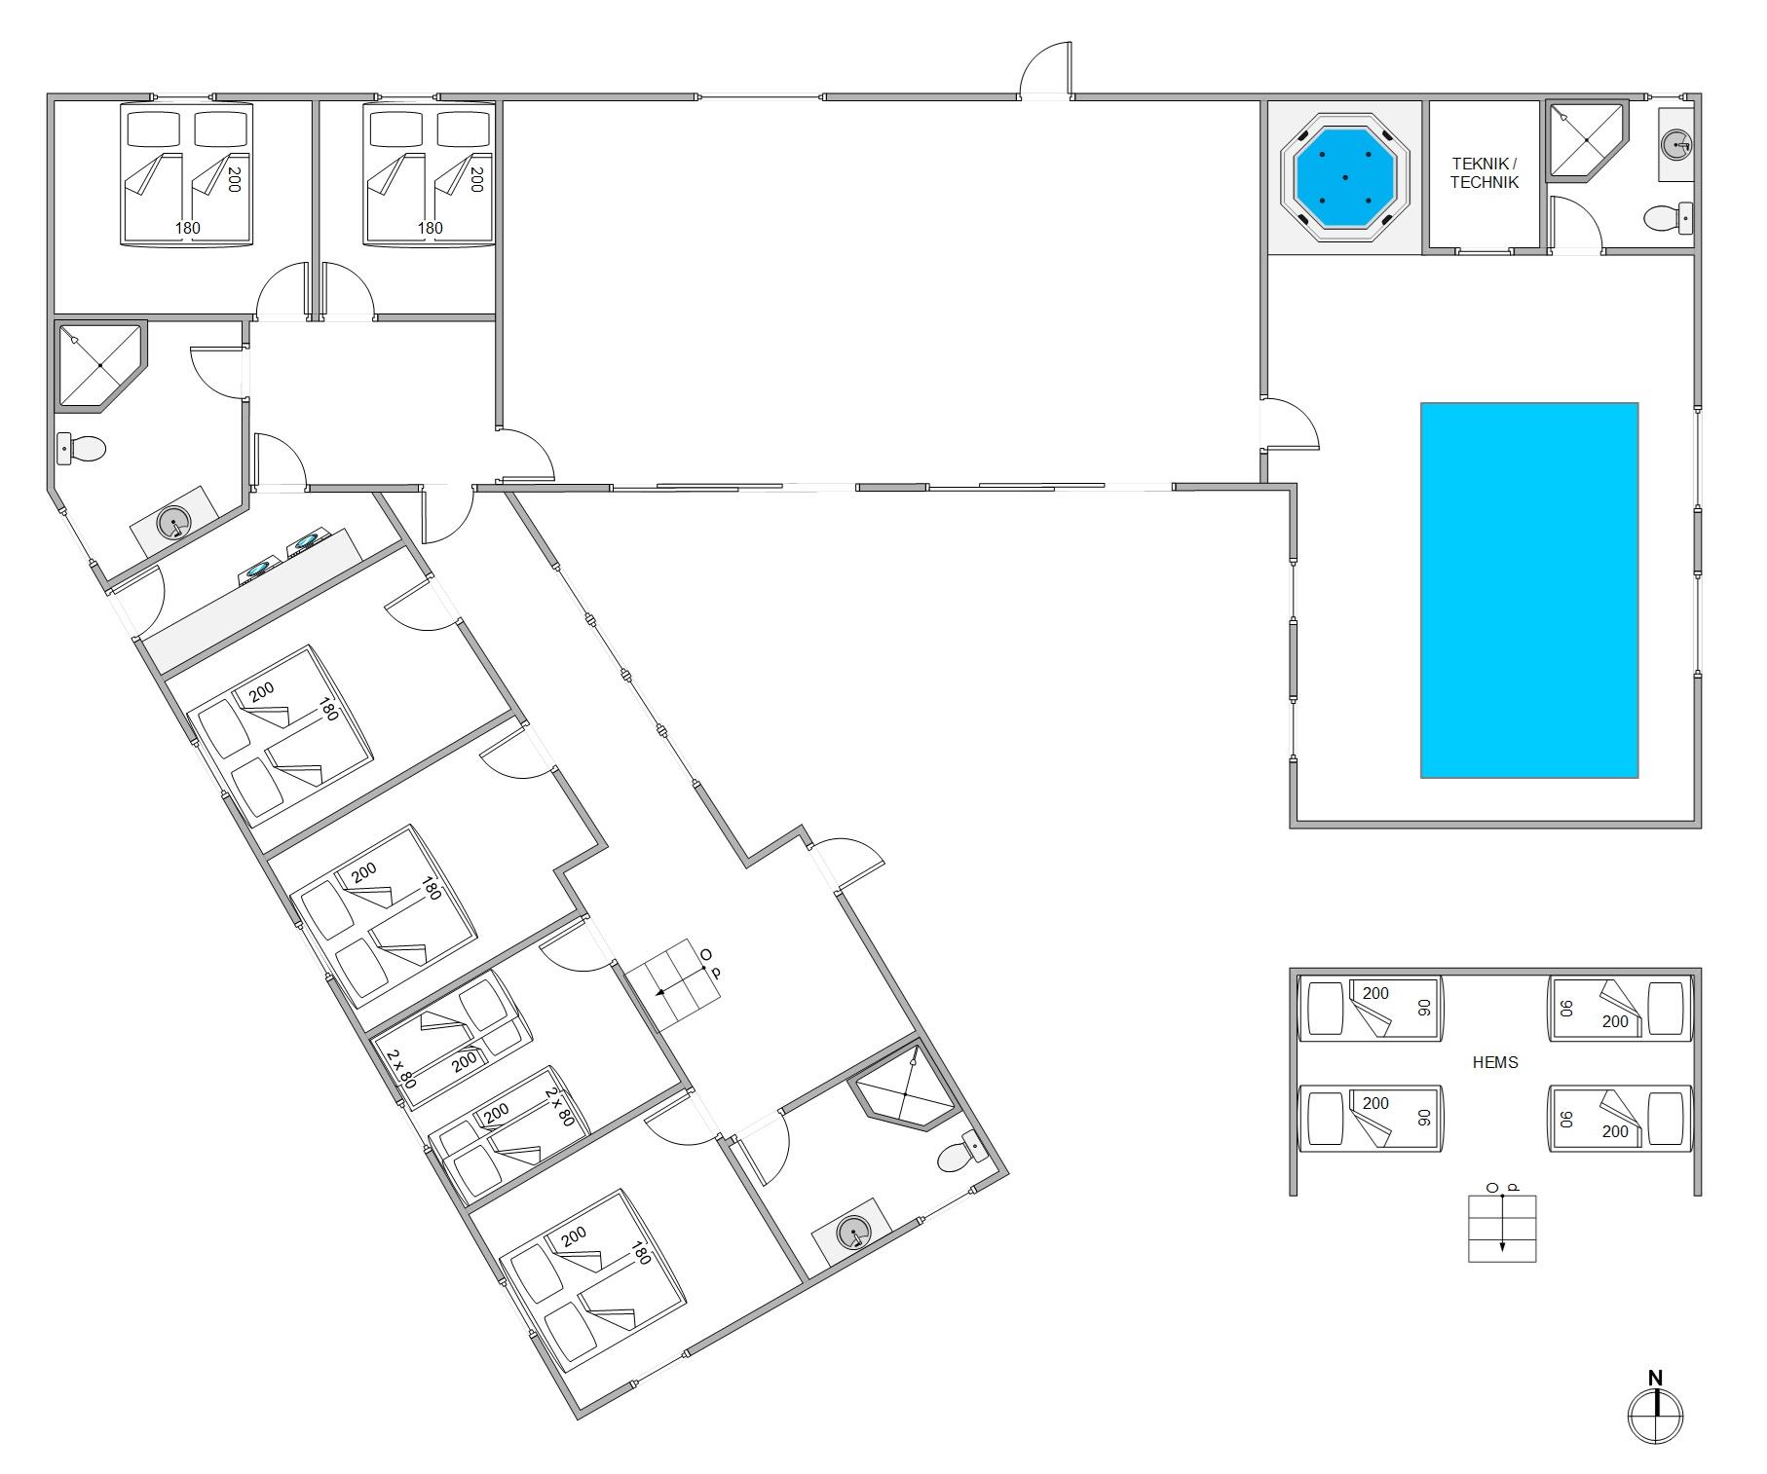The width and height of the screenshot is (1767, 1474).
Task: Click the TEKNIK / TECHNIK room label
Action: point(1484,173)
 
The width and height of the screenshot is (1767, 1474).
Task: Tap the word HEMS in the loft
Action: point(1495,1062)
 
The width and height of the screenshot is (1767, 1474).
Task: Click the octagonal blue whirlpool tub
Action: point(1345,177)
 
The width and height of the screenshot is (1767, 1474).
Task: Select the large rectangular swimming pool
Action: point(1529,590)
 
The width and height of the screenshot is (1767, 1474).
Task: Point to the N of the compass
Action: point(1655,1378)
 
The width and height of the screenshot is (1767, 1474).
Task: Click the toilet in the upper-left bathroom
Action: point(81,449)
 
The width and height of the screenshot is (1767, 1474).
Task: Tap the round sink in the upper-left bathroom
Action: point(174,523)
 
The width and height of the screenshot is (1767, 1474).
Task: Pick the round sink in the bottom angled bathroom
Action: point(853,1234)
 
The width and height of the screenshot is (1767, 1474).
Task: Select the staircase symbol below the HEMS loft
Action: point(1502,1229)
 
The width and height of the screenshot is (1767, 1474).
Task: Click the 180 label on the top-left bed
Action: point(187,228)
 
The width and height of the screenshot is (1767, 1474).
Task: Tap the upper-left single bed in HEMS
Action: point(1370,1009)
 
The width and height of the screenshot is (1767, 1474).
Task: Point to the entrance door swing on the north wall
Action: point(1044,68)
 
